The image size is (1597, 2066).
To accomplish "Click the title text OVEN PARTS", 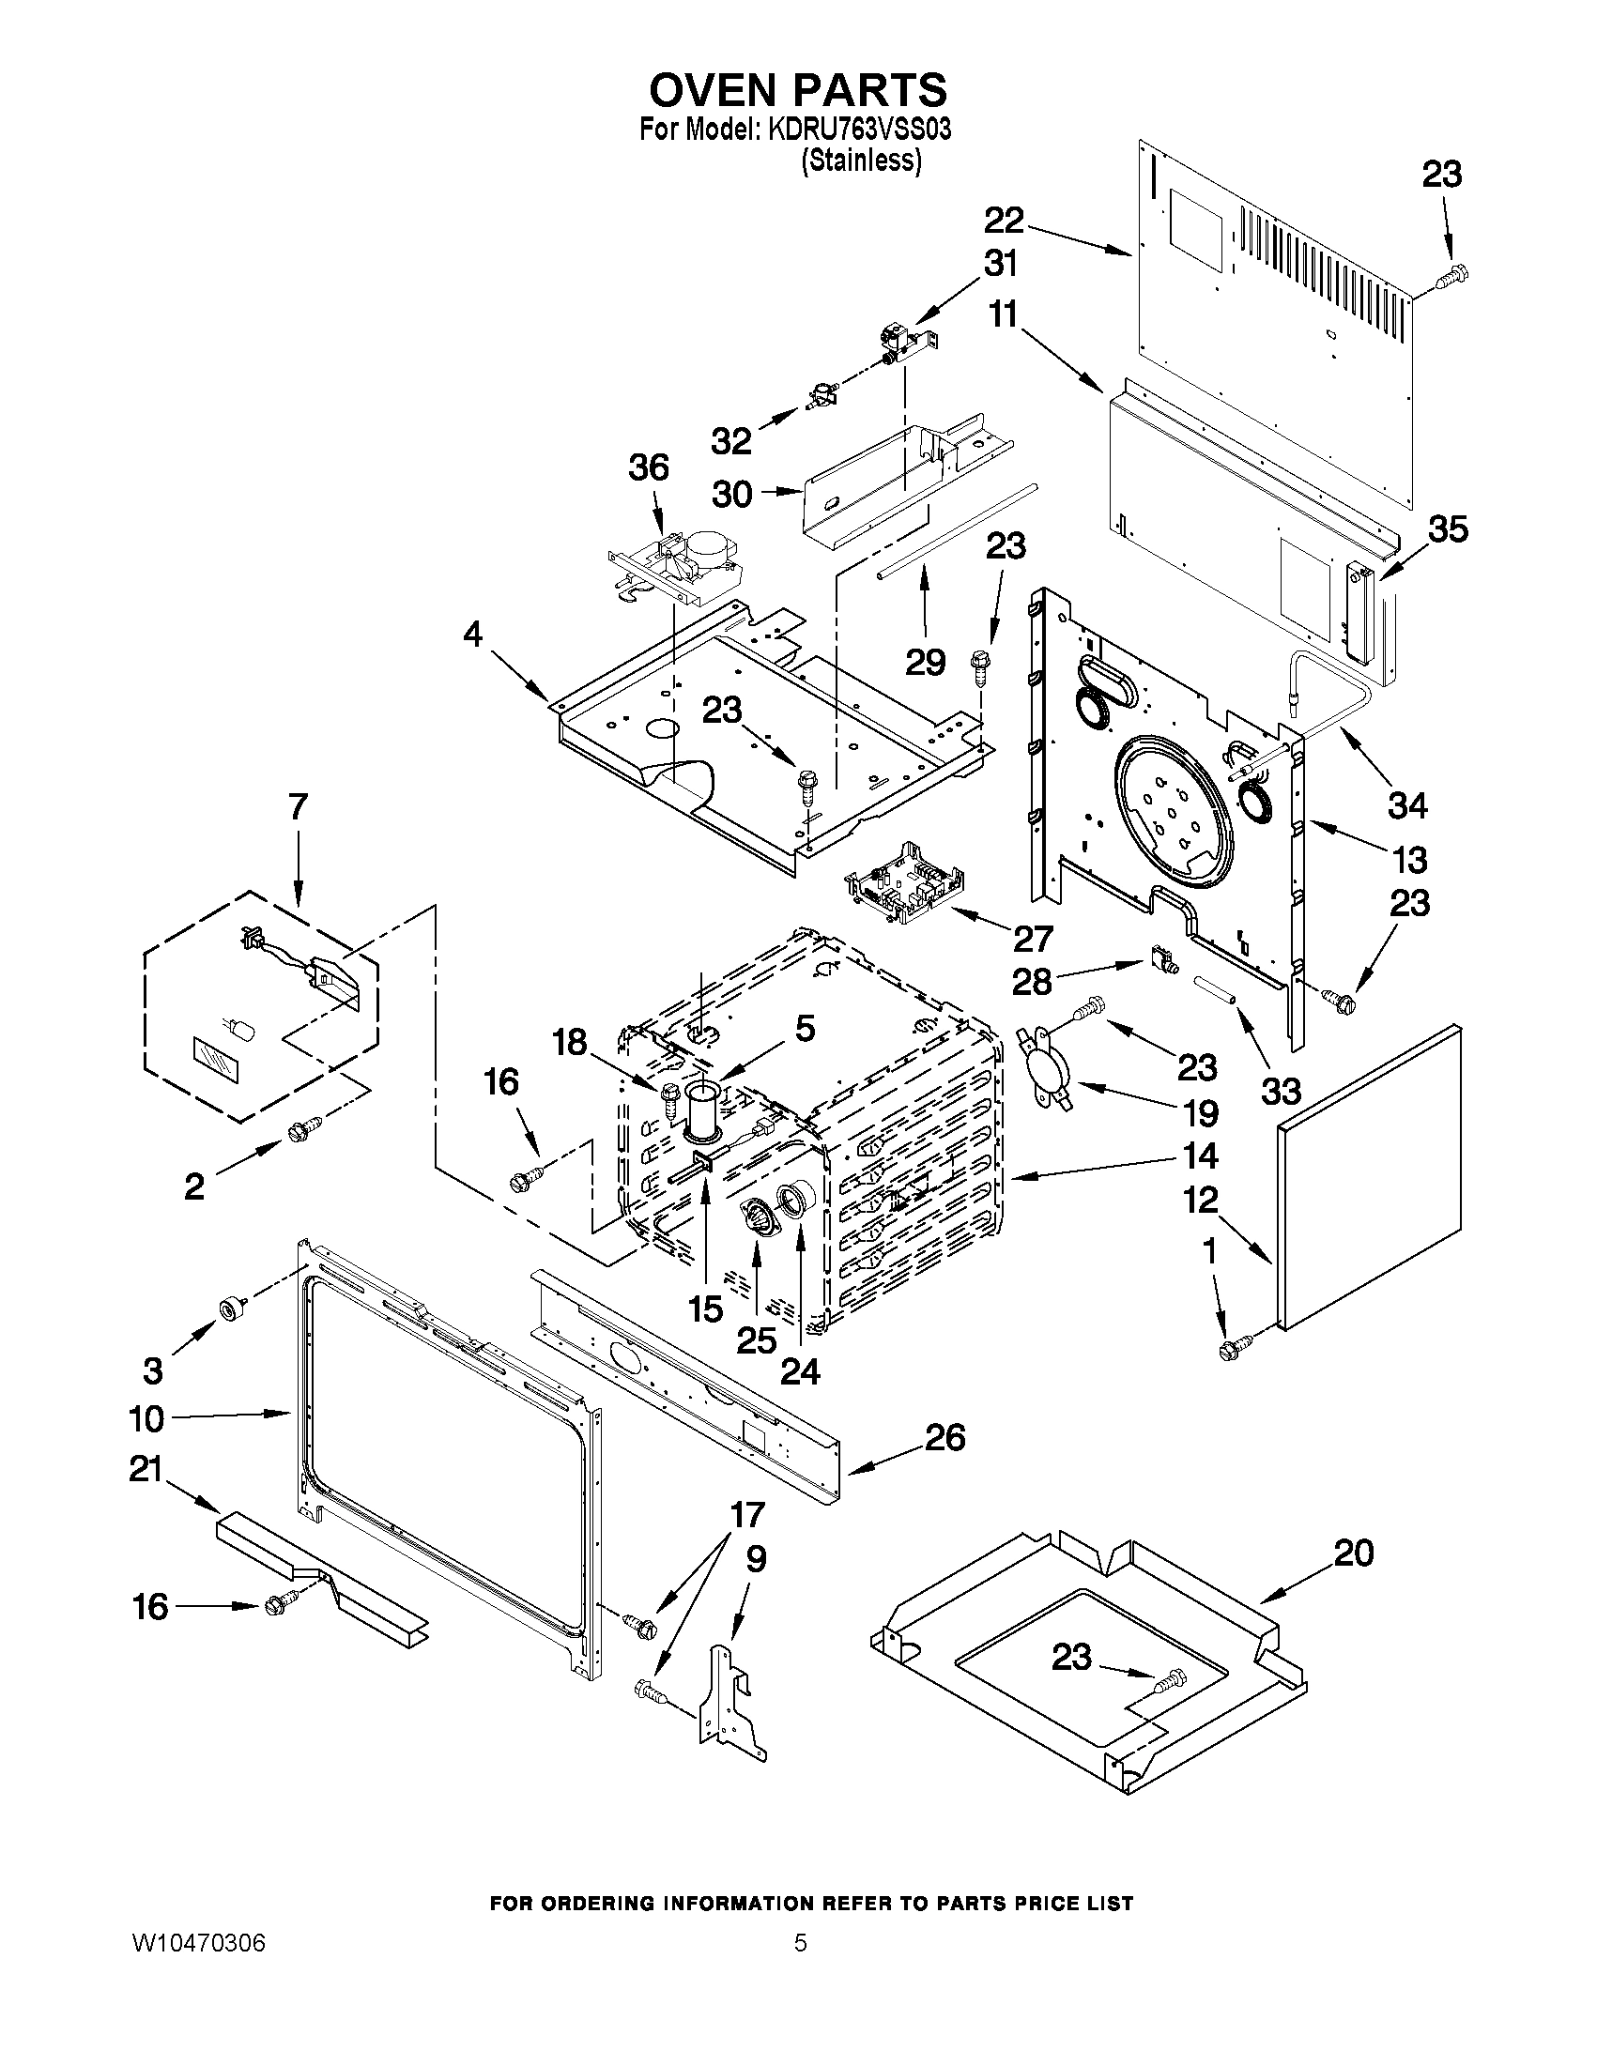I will tap(796, 90).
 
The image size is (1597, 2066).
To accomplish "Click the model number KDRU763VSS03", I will tap(859, 130).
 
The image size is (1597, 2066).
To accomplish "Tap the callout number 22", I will tap(1004, 222).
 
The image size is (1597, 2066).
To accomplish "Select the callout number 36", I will tap(649, 467).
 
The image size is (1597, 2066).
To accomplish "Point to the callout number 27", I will tap(1032, 939).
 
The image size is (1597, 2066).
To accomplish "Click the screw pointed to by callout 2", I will tap(304, 1126).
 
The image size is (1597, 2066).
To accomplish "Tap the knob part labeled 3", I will tap(231, 1309).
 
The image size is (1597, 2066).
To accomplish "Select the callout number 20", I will tap(1353, 1553).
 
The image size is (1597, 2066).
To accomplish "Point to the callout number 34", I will tap(1407, 806).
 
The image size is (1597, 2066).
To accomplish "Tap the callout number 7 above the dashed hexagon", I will tap(297, 807).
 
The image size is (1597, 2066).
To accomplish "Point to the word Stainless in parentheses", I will tap(860, 161).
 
